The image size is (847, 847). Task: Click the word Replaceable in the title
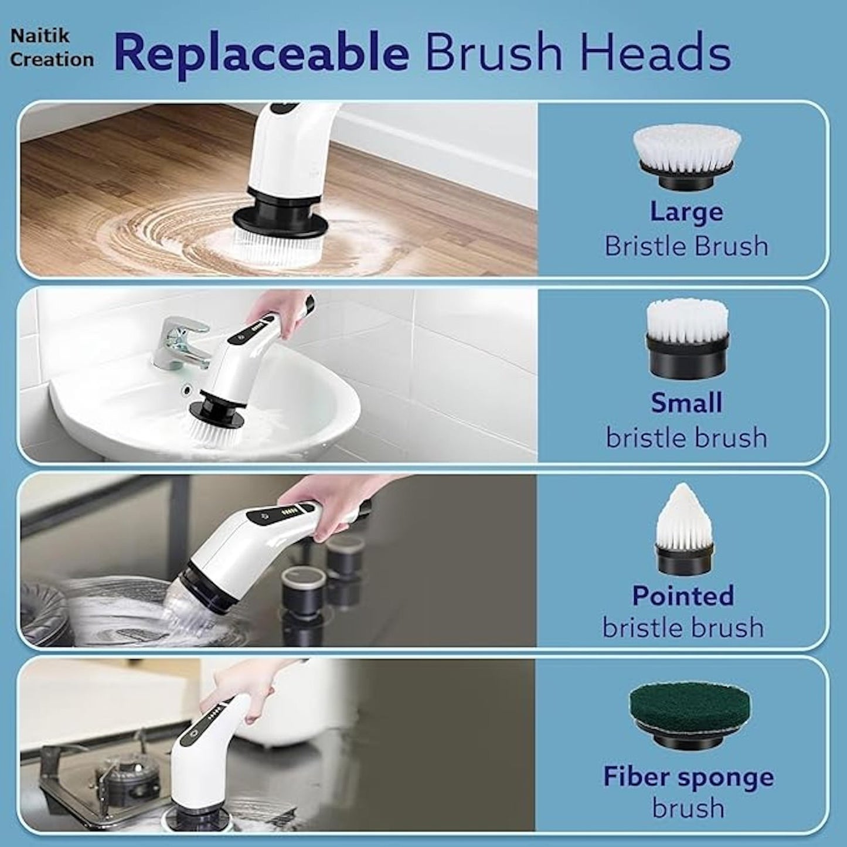point(261,53)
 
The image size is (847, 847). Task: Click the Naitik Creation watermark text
point(52,47)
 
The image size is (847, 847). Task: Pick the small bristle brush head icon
point(687,339)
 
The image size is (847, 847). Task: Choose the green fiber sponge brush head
point(690,715)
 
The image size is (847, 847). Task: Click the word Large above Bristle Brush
point(686,211)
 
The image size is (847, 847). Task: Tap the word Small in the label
point(686,403)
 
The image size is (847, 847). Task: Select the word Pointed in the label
point(683,596)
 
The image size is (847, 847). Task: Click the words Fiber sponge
point(688,777)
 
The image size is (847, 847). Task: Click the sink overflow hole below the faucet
point(188,389)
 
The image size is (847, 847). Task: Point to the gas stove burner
point(126,774)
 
